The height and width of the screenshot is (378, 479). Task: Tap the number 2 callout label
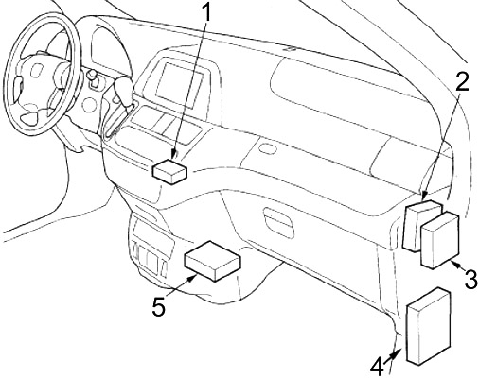[x=461, y=81]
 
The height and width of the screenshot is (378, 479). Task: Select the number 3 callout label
[x=470, y=279]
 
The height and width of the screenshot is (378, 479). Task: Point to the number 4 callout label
[x=377, y=364]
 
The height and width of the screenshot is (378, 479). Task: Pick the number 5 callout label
[x=158, y=306]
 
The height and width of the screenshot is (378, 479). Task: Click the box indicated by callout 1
[x=171, y=171]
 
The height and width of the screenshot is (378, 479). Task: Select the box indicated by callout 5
[x=212, y=262]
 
